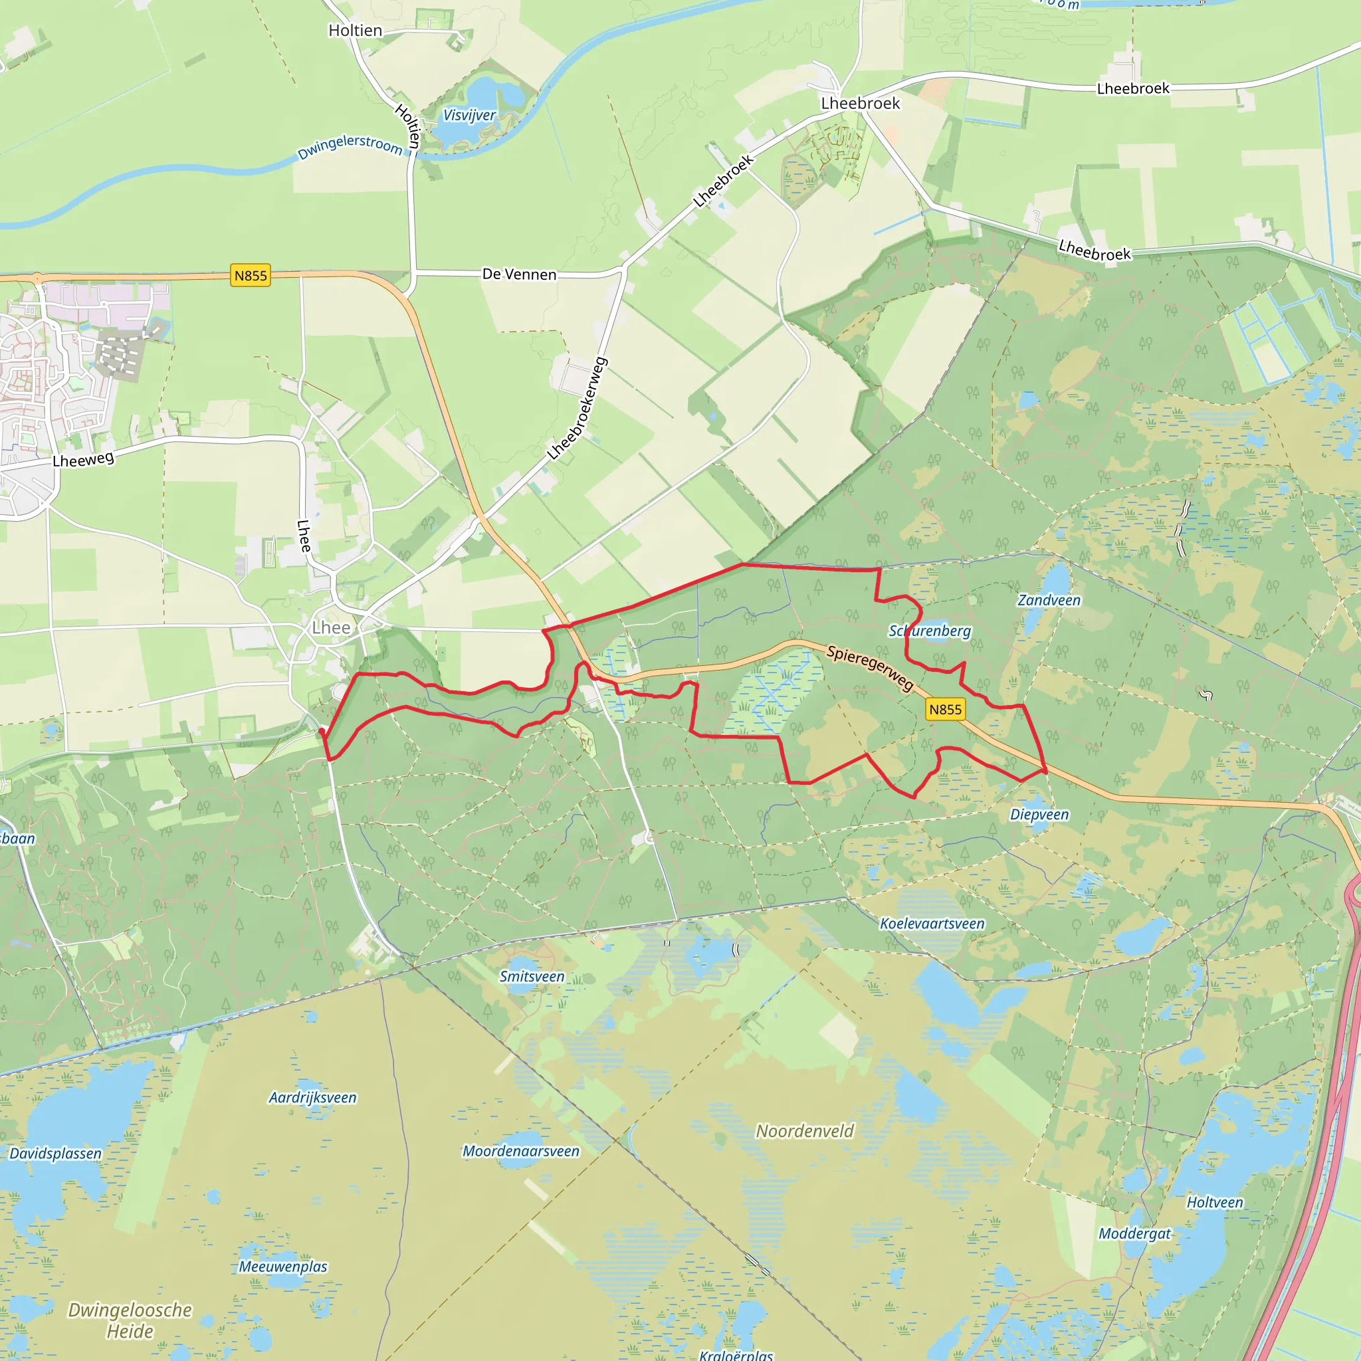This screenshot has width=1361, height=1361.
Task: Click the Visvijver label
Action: coord(469,115)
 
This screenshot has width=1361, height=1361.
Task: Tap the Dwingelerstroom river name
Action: coord(350,146)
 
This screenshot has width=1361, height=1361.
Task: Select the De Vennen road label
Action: coord(519,274)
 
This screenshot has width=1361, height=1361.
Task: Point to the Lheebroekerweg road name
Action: coord(577,409)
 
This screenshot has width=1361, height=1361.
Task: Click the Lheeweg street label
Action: coord(83,459)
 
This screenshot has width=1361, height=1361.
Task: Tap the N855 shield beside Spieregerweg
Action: coord(945,709)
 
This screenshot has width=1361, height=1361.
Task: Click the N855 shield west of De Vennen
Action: coord(251,275)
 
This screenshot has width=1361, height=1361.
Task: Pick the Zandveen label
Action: coord(1048,600)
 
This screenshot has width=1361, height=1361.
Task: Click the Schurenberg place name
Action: coord(929,631)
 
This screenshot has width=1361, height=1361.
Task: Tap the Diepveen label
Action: coord(1039,814)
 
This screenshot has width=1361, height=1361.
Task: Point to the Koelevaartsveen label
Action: coord(932,924)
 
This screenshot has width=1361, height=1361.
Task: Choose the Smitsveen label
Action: coord(532,976)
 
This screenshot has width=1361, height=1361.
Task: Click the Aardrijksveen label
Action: coord(313,1098)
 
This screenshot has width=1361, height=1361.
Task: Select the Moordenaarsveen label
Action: coord(520,1151)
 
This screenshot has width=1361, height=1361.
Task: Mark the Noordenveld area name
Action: coord(805,1130)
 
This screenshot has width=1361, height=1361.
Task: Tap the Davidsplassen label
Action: coord(56,1153)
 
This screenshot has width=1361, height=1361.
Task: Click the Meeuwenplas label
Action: coord(283,1267)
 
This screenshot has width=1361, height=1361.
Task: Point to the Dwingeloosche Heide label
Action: coord(130,1320)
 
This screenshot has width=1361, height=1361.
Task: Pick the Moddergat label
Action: coord(1134,1233)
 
